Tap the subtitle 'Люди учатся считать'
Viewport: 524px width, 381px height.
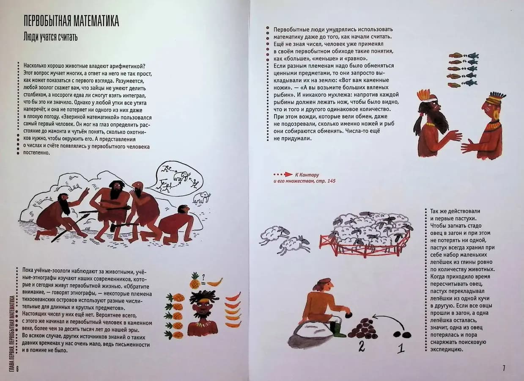(x=50, y=37)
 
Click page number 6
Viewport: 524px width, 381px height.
(x=17, y=369)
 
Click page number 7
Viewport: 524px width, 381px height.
(x=504, y=368)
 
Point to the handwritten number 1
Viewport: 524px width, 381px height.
(x=401, y=348)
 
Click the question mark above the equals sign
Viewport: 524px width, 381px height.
(x=203, y=277)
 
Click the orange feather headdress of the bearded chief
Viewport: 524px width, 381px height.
(x=424, y=94)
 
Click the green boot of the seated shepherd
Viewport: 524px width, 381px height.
(x=338, y=329)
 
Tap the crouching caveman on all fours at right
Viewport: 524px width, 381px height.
(x=176, y=225)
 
